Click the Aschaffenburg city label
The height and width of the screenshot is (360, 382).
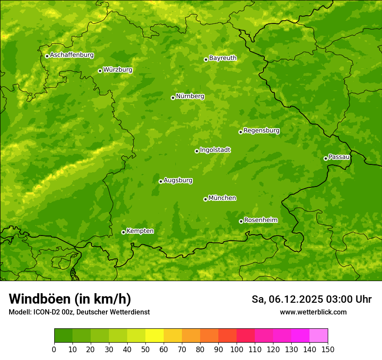[x=72, y=55]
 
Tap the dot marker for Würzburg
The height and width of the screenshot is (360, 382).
[x=100, y=71]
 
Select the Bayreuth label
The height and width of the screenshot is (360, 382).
[x=223, y=58]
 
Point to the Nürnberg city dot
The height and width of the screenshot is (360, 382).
[x=173, y=98]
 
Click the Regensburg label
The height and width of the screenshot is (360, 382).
[x=261, y=130]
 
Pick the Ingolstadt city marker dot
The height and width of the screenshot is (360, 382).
[x=197, y=151]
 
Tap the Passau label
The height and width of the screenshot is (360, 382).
[x=339, y=157]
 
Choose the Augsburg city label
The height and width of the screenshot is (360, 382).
[x=178, y=180]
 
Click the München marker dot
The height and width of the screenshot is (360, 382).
[x=205, y=199]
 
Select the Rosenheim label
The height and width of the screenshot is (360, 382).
[x=260, y=220]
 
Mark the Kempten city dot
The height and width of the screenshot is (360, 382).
[x=123, y=232]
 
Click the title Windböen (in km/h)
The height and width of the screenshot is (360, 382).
[x=69, y=299]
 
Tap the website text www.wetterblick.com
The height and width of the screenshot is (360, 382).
[x=313, y=312]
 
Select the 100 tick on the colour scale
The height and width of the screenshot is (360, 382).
[x=237, y=349]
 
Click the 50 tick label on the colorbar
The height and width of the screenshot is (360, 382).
[x=145, y=349]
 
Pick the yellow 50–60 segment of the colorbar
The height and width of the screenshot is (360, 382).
[x=155, y=336]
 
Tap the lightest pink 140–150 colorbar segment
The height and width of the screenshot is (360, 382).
[x=319, y=336]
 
